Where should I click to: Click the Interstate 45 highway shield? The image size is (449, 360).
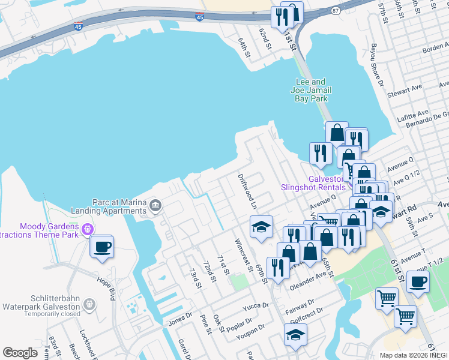[x=79, y=27]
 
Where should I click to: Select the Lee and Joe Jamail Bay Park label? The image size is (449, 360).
[x=313, y=90]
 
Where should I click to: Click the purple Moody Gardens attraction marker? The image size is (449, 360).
[x=88, y=228]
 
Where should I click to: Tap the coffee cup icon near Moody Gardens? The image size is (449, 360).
[x=102, y=247]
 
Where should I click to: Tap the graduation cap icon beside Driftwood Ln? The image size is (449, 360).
[x=261, y=227]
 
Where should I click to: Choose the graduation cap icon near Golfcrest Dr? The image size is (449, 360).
[x=295, y=335]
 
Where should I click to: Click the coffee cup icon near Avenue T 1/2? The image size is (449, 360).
[x=418, y=281]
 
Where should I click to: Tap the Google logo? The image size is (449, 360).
[x=20, y=352]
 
